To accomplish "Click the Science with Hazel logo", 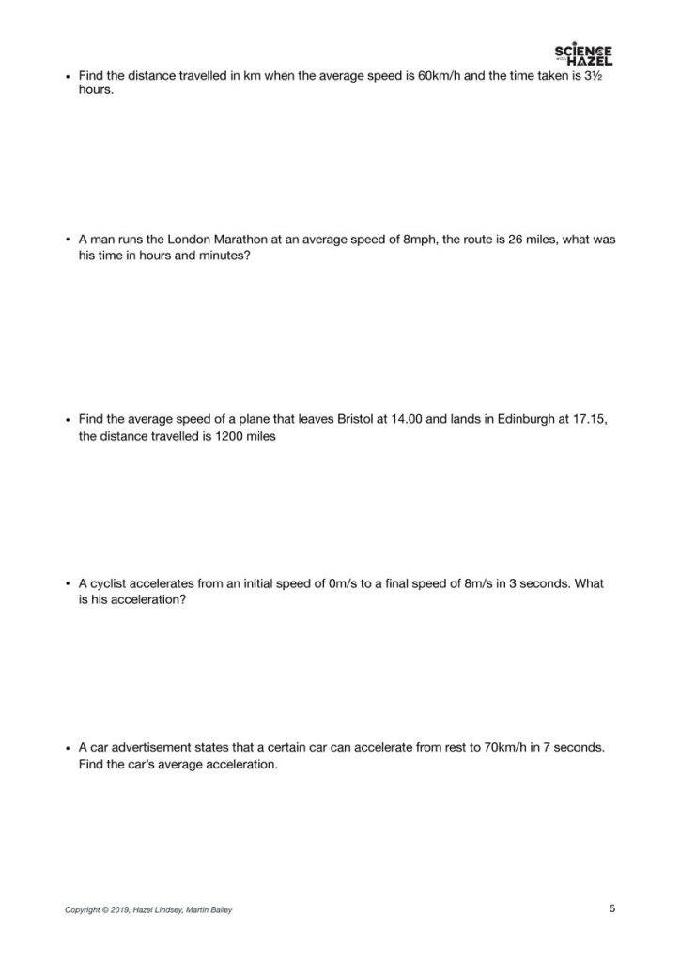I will [x=583, y=55].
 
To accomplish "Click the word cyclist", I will [x=111, y=583].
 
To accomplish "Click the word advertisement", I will [x=156, y=748].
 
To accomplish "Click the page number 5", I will [x=612, y=908].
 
